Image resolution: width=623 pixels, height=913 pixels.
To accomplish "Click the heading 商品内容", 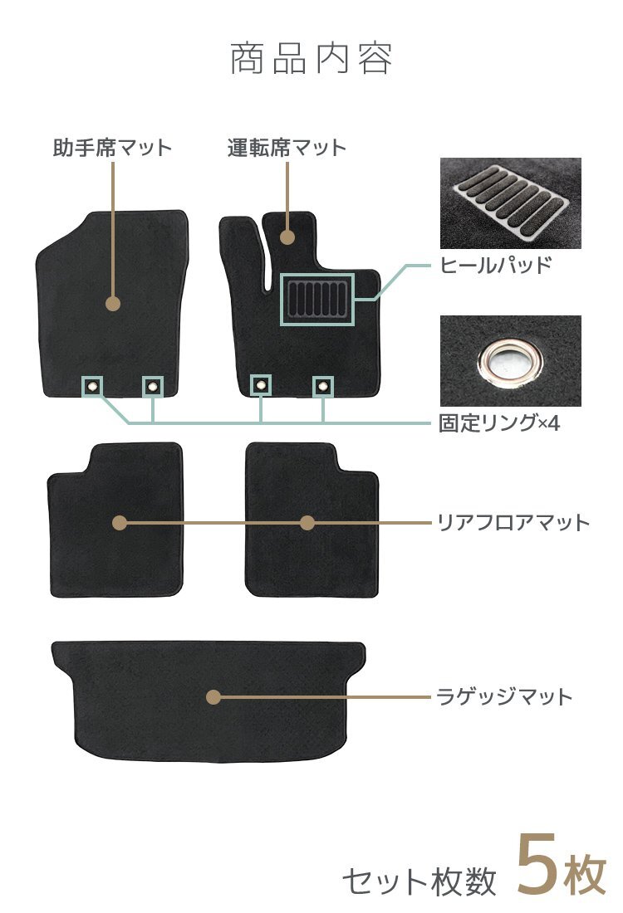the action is (311, 59).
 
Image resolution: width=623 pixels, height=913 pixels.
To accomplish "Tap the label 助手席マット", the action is (112, 149).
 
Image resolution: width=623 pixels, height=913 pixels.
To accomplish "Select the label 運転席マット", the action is (287, 149).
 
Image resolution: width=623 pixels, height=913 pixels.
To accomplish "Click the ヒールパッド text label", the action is (496, 266).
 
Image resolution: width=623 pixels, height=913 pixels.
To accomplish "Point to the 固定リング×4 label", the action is (499, 423).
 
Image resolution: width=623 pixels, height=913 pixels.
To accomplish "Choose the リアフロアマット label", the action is (513, 523).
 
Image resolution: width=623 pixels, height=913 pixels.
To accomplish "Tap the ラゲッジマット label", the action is (505, 696).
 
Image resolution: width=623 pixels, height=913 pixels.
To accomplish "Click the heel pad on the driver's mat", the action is (318, 300).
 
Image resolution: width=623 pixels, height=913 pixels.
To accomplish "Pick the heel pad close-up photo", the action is (510, 203).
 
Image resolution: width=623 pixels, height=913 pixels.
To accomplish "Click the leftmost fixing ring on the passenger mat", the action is (92, 385).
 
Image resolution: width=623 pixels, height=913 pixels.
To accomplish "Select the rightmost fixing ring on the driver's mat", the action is (322, 385).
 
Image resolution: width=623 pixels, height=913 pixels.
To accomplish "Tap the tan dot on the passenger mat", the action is (114, 304).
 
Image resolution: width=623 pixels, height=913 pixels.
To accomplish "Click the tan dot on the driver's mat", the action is (287, 237).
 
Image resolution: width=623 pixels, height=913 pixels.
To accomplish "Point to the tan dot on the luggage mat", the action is (213, 697).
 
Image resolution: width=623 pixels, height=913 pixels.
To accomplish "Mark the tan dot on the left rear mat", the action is (120, 523).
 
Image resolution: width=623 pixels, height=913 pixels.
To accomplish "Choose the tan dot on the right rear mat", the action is (307, 523).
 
